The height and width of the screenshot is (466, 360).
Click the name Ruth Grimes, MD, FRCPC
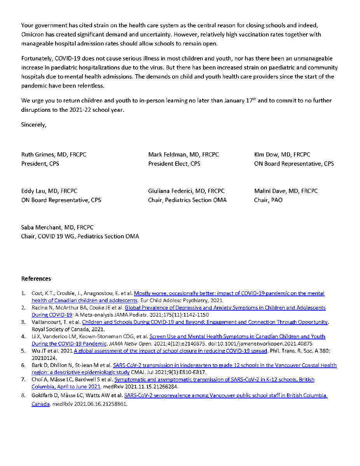[54, 155]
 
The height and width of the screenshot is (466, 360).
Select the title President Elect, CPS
[174, 163]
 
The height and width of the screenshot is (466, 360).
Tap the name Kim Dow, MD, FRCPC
[282, 155]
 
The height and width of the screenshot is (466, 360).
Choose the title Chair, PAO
[268, 200]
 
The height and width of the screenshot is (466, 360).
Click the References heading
[36, 279]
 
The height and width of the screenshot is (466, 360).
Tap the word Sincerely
[33, 125]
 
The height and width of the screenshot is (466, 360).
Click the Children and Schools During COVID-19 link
[205, 322]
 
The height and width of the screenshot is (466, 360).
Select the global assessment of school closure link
[170, 351]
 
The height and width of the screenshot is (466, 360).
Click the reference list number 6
[23, 365]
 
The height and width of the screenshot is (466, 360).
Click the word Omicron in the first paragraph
[34, 35]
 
